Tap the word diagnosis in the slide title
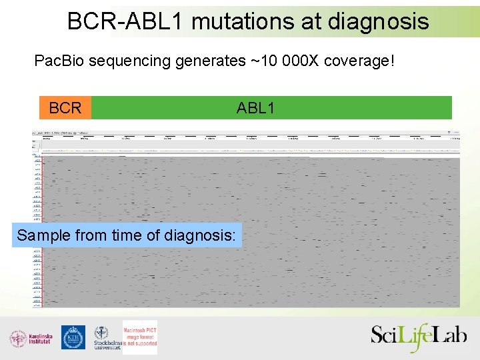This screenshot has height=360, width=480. point(378,21)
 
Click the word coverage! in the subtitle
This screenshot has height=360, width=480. point(359,61)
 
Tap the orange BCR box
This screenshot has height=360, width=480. point(65,108)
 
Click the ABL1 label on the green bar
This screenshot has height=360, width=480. point(255,108)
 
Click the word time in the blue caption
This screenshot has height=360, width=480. point(118,235)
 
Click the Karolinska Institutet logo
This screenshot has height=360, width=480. point(31,338)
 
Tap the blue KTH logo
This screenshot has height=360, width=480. point(73,337)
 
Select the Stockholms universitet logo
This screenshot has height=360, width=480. point(105,338)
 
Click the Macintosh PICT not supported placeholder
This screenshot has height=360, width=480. point(140,337)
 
